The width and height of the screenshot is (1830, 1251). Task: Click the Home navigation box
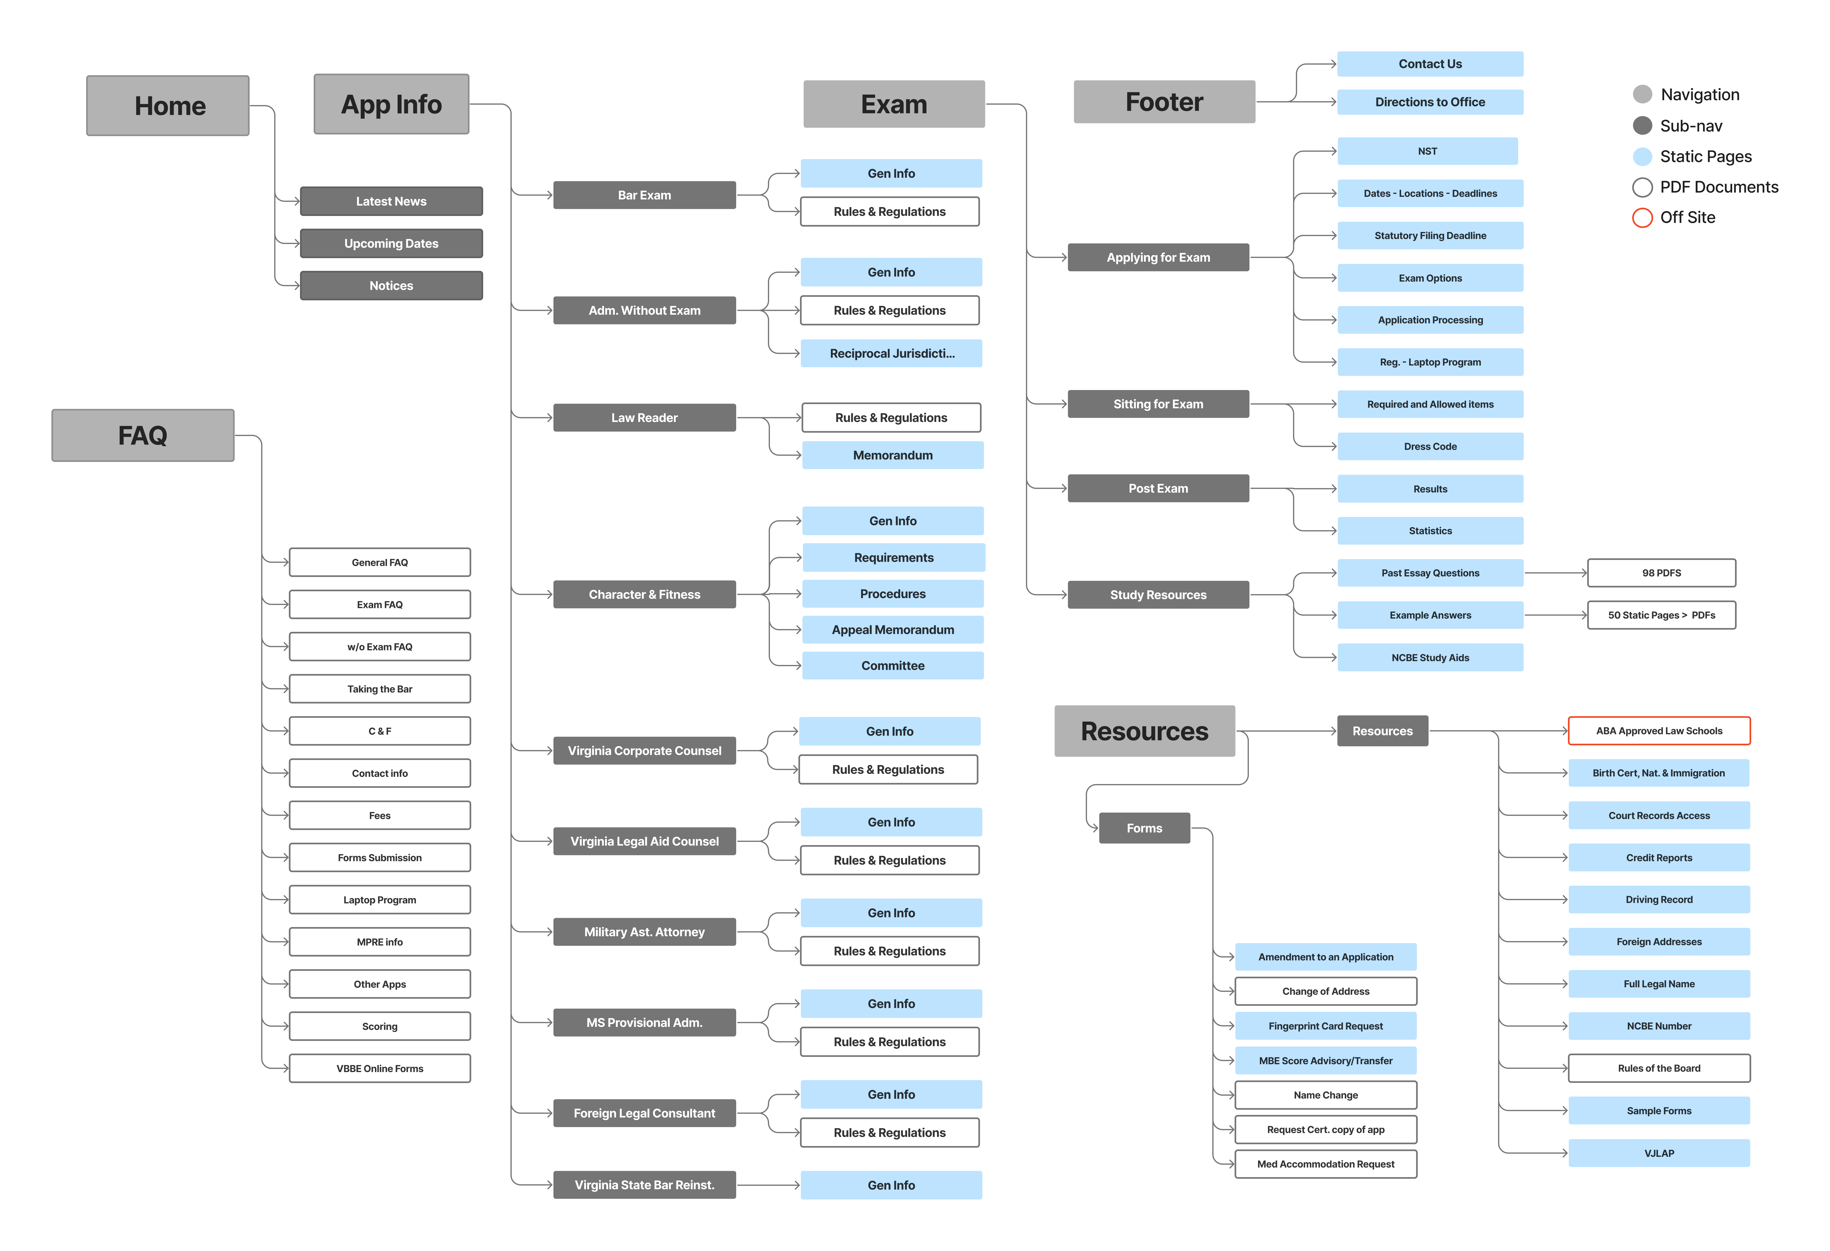(168, 105)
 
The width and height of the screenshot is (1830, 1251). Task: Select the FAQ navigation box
(143, 435)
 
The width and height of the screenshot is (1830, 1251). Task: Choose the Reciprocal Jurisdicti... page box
(891, 353)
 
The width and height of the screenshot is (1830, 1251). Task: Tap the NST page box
(1427, 151)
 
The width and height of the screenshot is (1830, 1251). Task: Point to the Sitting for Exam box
(1157, 404)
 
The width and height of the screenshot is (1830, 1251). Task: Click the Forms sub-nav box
(1144, 828)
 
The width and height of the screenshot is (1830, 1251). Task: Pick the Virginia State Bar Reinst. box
(644, 1185)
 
